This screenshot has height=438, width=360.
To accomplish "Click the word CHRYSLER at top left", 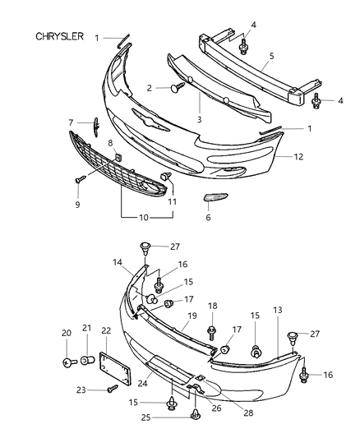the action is [x=59, y=36].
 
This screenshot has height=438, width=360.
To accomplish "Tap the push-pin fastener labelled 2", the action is [x=178, y=87].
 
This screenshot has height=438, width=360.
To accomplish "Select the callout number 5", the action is [x=271, y=56].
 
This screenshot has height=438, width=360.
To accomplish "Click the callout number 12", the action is [x=298, y=157].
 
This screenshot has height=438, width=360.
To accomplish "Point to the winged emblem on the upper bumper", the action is [x=150, y=119].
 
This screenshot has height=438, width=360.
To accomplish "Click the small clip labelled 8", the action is [x=118, y=158].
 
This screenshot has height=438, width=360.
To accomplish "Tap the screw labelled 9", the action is [x=81, y=179].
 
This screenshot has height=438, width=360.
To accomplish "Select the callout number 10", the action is [x=144, y=217].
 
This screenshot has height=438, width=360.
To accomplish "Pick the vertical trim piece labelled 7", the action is [x=96, y=127].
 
